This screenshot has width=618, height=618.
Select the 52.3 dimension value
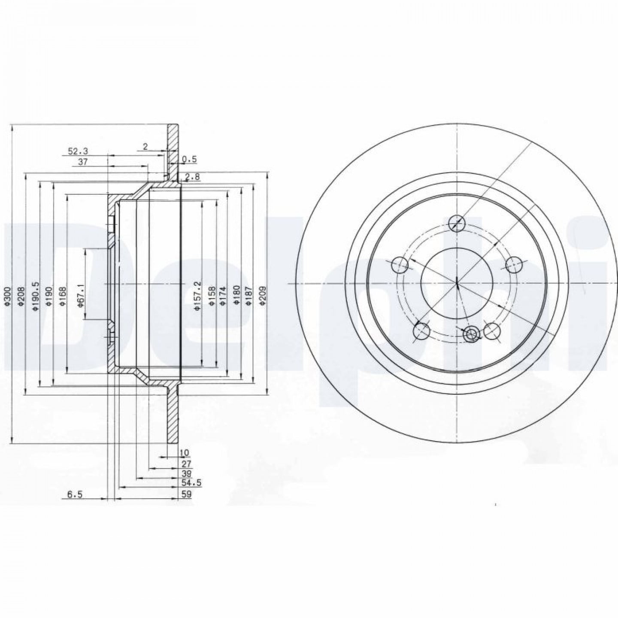pos(78,151)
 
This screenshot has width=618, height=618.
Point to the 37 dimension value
pos(83,162)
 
